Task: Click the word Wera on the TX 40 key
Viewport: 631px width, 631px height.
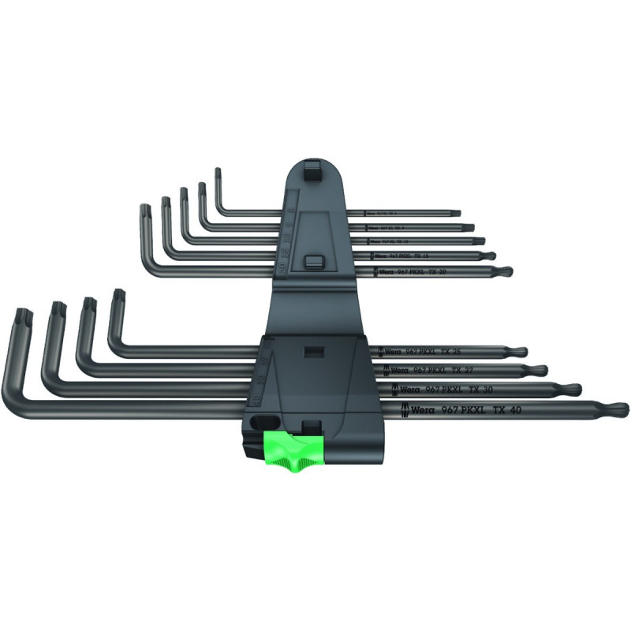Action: (419, 409)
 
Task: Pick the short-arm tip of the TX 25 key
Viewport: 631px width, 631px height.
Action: (119, 297)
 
